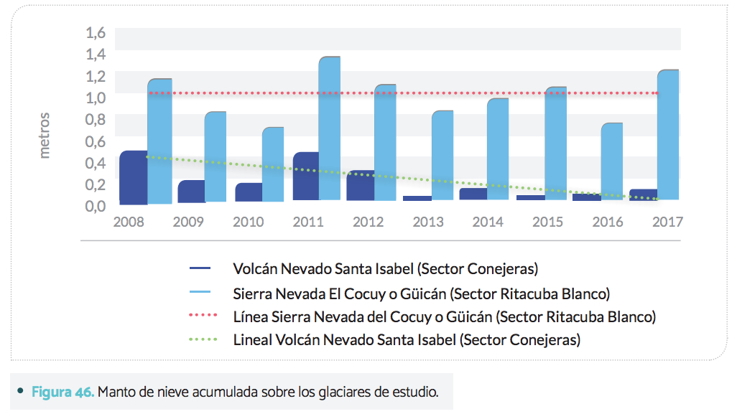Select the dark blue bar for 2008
pyautogui.click(x=133, y=177)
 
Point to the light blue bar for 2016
pyautogui.click(x=611, y=161)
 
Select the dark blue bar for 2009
pyautogui.click(x=191, y=191)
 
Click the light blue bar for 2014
pyautogui.click(x=498, y=149)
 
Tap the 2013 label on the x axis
pyautogui.click(x=428, y=222)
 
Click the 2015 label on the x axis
pyautogui.click(x=547, y=222)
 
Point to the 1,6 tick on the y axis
pyautogui.click(x=96, y=32)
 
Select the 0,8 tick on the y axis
pyautogui.click(x=96, y=119)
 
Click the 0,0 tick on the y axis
pyautogui.click(x=96, y=206)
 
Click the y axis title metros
pyautogui.click(x=45, y=135)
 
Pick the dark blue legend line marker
pyautogui.click(x=200, y=269)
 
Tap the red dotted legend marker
pyautogui.click(x=200, y=316)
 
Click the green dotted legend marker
pyautogui.click(x=200, y=339)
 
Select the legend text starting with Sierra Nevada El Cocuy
pyautogui.click(x=421, y=293)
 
